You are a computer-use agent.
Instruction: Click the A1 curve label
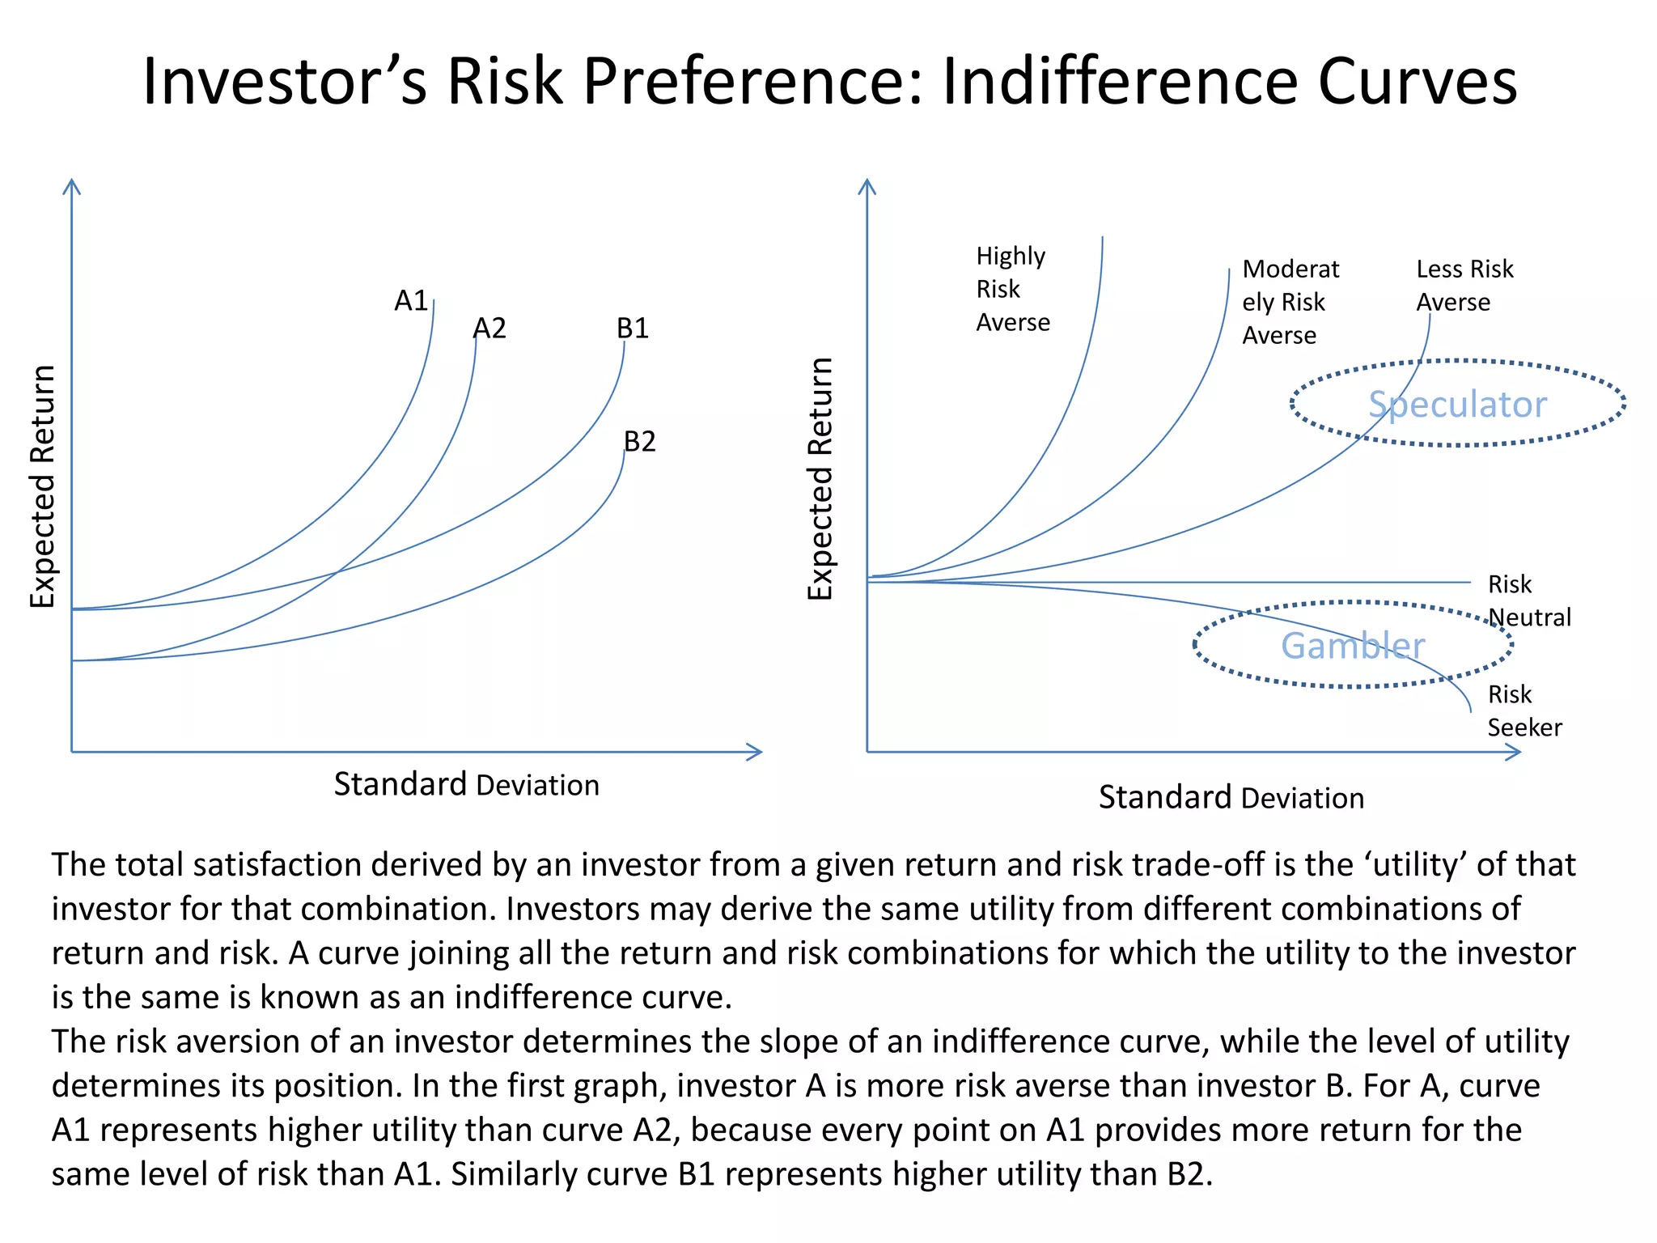point(410,301)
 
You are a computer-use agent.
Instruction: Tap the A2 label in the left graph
point(489,329)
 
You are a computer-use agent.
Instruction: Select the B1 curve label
point(633,329)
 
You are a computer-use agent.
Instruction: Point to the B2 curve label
point(639,442)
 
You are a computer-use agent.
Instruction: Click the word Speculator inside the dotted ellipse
point(1457,404)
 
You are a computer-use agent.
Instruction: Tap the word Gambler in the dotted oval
point(1353,646)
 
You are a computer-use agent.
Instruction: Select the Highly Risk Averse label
point(1012,289)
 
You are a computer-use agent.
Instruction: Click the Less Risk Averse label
point(1464,285)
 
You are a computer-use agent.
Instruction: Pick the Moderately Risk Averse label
point(1290,302)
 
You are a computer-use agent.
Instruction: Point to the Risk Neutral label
point(1528,600)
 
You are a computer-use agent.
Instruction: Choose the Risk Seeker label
point(1524,711)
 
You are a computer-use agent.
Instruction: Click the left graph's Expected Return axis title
point(43,486)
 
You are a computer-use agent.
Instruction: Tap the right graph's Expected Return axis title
point(820,478)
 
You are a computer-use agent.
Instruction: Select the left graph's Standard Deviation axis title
point(466,785)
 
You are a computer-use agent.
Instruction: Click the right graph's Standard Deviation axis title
point(1231,798)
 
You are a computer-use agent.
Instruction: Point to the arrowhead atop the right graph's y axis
point(867,185)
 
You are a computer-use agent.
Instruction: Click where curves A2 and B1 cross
point(337,572)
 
